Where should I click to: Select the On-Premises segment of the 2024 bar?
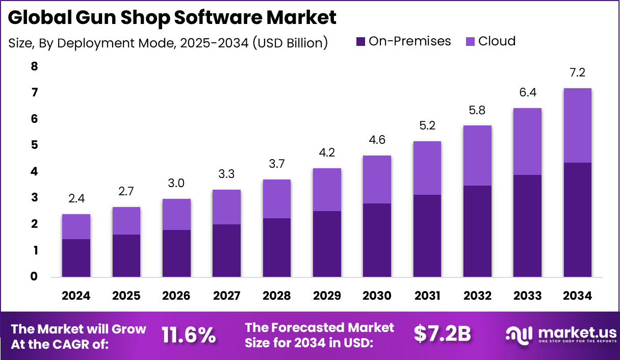pyautogui.click(x=76, y=258)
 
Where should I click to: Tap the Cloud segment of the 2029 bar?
pyautogui.click(x=327, y=190)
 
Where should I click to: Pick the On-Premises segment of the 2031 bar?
pyautogui.click(x=427, y=236)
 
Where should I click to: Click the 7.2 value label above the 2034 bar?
pyautogui.click(x=577, y=73)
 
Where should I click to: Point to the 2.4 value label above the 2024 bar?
pyautogui.click(x=76, y=199)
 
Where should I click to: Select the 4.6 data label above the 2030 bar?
pyautogui.click(x=377, y=140)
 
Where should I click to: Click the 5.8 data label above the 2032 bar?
pyautogui.click(x=477, y=110)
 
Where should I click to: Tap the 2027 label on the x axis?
pyautogui.click(x=226, y=296)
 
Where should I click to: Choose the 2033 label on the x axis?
pyautogui.click(x=527, y=296)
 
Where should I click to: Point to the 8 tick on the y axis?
pyautogui.click(x=34, y=66)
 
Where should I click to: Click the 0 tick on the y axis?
pyautogui.click(x=34, y=277)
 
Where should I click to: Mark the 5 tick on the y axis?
pyautogui.click(x=34, y=145)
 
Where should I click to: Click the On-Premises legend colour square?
pyautogui.click(x=361, y=42)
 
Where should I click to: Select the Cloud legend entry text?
pyautogui.click(x=497, y=41)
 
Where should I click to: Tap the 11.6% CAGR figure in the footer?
pyautogui.click(x=189, y=335)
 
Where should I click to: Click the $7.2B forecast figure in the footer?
pyautogui.click(x=442, y=334)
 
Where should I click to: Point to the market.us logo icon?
pyautogui.click(x=519, y=335)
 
